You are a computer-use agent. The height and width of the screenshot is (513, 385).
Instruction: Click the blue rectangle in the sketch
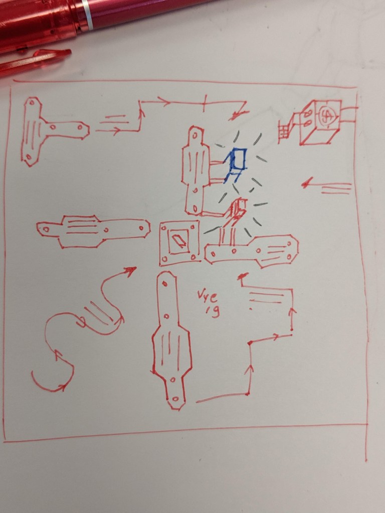click(238, 159)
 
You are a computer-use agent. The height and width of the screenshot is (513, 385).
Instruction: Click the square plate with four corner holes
click(179, 242)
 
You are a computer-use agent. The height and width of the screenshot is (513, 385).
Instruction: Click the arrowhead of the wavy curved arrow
click(131, 271)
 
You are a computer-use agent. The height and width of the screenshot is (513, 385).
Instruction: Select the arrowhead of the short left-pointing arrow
click(306, 184)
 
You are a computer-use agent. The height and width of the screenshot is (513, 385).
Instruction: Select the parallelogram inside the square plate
click(178, 241)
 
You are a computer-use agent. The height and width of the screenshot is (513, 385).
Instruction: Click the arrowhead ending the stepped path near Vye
click(244, 276)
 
